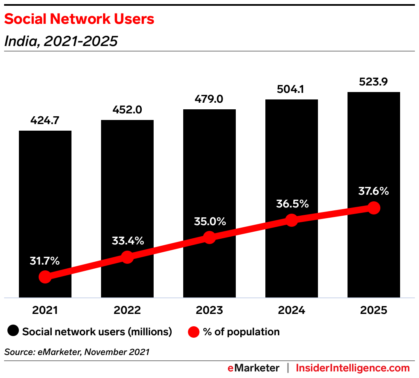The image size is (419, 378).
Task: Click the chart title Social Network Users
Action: click(x=79, y=19)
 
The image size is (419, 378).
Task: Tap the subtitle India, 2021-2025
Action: click(x=61, y=41)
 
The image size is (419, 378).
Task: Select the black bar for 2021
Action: click(x=45, y=185)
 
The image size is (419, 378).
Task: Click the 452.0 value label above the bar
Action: click(x=127, y=110)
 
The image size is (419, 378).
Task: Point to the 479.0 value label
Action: click(x=209, y=99)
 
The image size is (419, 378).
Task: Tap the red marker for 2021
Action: click(x=45, y=277)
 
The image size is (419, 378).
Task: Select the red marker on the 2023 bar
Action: click(x=209, y=237)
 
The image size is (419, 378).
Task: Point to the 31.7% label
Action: click(x=45, y=260)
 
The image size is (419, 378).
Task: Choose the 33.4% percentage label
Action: click(x=128, y=241)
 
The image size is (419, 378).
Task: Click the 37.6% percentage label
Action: click(x=373, y=191)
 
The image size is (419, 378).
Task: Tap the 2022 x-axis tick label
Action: click(x=127, y=310)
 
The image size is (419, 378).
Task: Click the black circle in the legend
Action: click(x=14, y=332)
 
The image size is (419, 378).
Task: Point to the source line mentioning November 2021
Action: click(x=77, y=352)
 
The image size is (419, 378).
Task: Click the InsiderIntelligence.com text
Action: click(x=353, y=368)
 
